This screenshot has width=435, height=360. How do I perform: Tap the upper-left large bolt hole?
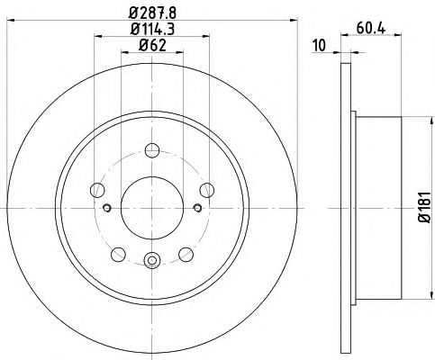(97, 189)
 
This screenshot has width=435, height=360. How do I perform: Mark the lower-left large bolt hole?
(118, 252)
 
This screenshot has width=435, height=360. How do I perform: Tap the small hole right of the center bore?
(195, 208)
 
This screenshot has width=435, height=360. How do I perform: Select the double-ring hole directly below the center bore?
(151, 262)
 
